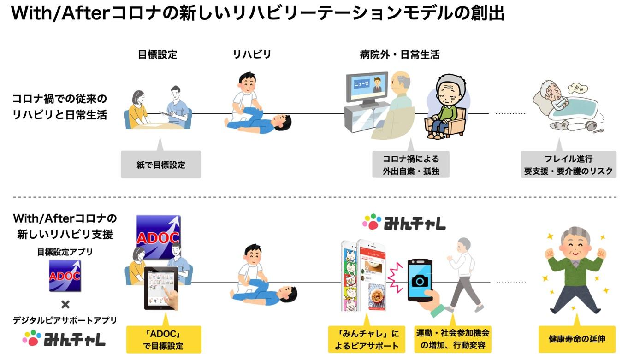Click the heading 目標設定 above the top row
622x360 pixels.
157,54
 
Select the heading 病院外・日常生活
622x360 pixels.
399,54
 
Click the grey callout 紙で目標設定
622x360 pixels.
160,165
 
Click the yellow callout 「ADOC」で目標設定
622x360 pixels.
163,339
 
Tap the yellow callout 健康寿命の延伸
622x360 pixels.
576,339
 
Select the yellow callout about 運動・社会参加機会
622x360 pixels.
452,339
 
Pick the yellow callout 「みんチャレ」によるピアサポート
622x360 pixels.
364,339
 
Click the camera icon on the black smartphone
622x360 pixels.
420,281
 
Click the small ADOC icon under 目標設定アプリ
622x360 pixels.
65,276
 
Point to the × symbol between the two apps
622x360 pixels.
65,305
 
